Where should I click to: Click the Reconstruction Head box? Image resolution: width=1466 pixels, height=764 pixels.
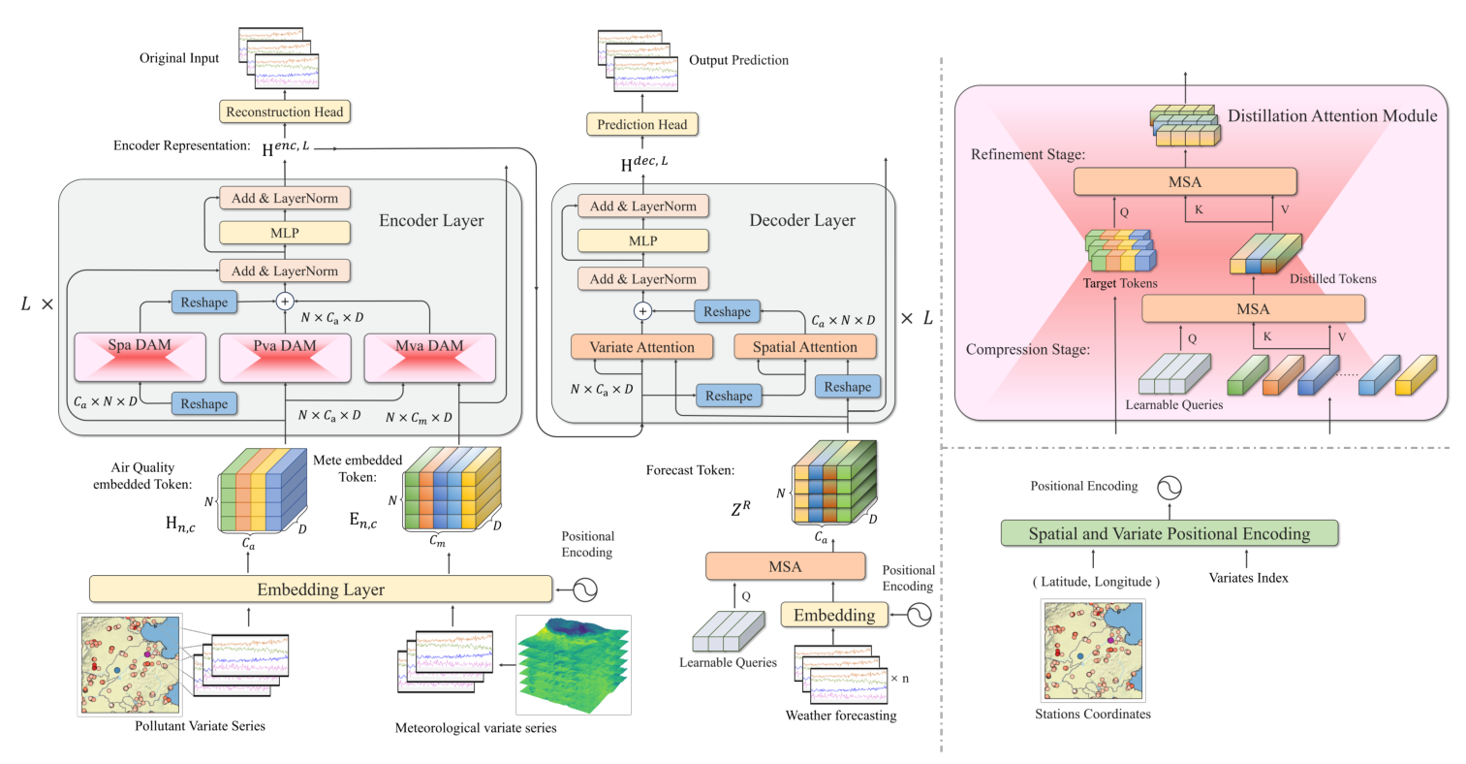click(284, 111)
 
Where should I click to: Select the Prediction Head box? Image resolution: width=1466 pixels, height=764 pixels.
click(641, 124)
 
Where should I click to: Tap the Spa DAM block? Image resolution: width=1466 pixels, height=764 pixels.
click(140, 357)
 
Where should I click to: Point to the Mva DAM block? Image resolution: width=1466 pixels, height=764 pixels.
click(429, 357)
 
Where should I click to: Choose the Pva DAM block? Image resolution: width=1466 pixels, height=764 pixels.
click(285, 357)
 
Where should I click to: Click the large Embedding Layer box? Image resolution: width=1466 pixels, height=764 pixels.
click(321, 589)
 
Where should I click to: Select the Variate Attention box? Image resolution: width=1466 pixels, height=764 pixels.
click(641, 347)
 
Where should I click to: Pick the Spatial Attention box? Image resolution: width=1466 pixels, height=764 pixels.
click(805, 347)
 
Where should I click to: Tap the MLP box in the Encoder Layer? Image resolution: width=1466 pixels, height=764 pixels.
click(285, 233)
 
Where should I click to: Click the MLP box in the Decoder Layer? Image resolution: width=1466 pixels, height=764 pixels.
click(642, 240)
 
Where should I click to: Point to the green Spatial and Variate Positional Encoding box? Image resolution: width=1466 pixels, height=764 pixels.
click(1169, 533)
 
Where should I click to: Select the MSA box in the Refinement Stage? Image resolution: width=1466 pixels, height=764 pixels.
click(1184, 181)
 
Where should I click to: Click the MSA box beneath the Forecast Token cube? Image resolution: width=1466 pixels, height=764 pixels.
click(785, 566)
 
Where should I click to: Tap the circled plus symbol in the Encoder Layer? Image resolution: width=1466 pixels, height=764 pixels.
click(285, 302)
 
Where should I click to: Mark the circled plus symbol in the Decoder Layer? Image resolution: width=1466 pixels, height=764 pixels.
click(641, 311)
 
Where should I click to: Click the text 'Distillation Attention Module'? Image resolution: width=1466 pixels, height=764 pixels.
click(1332, 115)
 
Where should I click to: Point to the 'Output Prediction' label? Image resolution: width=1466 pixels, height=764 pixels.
click(738, 60)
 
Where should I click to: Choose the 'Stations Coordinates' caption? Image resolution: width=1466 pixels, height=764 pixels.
click(1093, 714)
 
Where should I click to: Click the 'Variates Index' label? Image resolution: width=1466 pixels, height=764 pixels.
click(1248, 578)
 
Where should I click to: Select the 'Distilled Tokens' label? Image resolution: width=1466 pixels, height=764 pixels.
click(1332, 278)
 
